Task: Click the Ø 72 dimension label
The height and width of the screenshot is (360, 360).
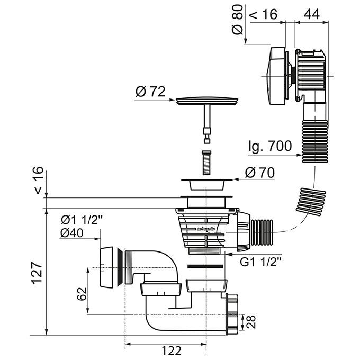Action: click(x=150, y=91)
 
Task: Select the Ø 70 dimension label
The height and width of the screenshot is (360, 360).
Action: click(x=260, y=173)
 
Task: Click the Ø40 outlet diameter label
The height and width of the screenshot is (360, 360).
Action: click(x=74, y=234)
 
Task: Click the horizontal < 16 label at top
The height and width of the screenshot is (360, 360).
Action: click(x=264, y=14)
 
